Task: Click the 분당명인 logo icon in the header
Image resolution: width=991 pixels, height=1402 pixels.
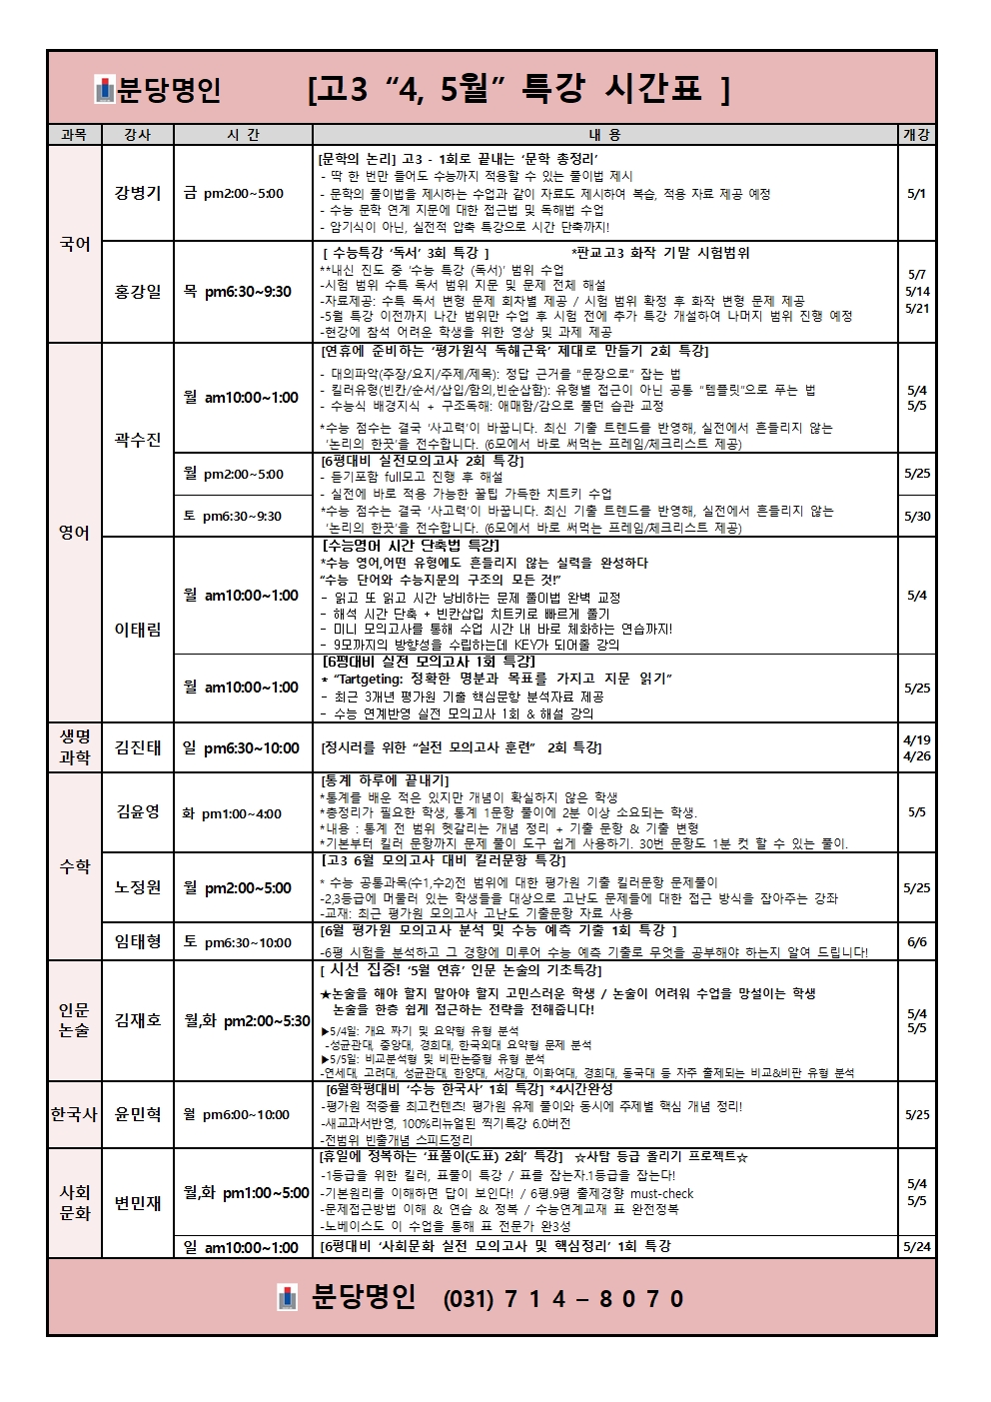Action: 105,90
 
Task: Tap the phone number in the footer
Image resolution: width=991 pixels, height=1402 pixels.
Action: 563,1298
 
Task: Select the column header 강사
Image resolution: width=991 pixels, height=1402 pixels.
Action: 137,135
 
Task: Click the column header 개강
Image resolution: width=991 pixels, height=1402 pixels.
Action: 916,135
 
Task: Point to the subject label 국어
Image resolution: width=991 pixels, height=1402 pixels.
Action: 75,244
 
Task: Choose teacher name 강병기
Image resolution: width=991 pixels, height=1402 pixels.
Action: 137,193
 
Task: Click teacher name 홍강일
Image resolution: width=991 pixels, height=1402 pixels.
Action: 137,292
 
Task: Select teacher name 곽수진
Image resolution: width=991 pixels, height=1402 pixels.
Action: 137,440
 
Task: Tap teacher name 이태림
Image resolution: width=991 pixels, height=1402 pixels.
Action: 137,630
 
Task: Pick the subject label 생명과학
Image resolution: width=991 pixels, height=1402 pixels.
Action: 75,747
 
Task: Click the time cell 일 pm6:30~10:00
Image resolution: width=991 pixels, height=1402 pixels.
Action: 242,747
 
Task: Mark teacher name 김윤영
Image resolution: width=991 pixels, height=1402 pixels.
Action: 137,811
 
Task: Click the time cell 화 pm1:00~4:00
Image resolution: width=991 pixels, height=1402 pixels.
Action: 232,813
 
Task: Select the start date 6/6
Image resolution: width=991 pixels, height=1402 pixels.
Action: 916,941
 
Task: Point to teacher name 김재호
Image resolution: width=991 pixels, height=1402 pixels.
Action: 137,1020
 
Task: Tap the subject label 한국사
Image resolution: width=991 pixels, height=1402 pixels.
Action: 75,1114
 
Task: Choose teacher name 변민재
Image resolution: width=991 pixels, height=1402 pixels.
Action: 137,1203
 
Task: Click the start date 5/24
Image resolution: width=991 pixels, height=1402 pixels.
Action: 916,1247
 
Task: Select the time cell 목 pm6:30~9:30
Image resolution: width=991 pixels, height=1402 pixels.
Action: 238,292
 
